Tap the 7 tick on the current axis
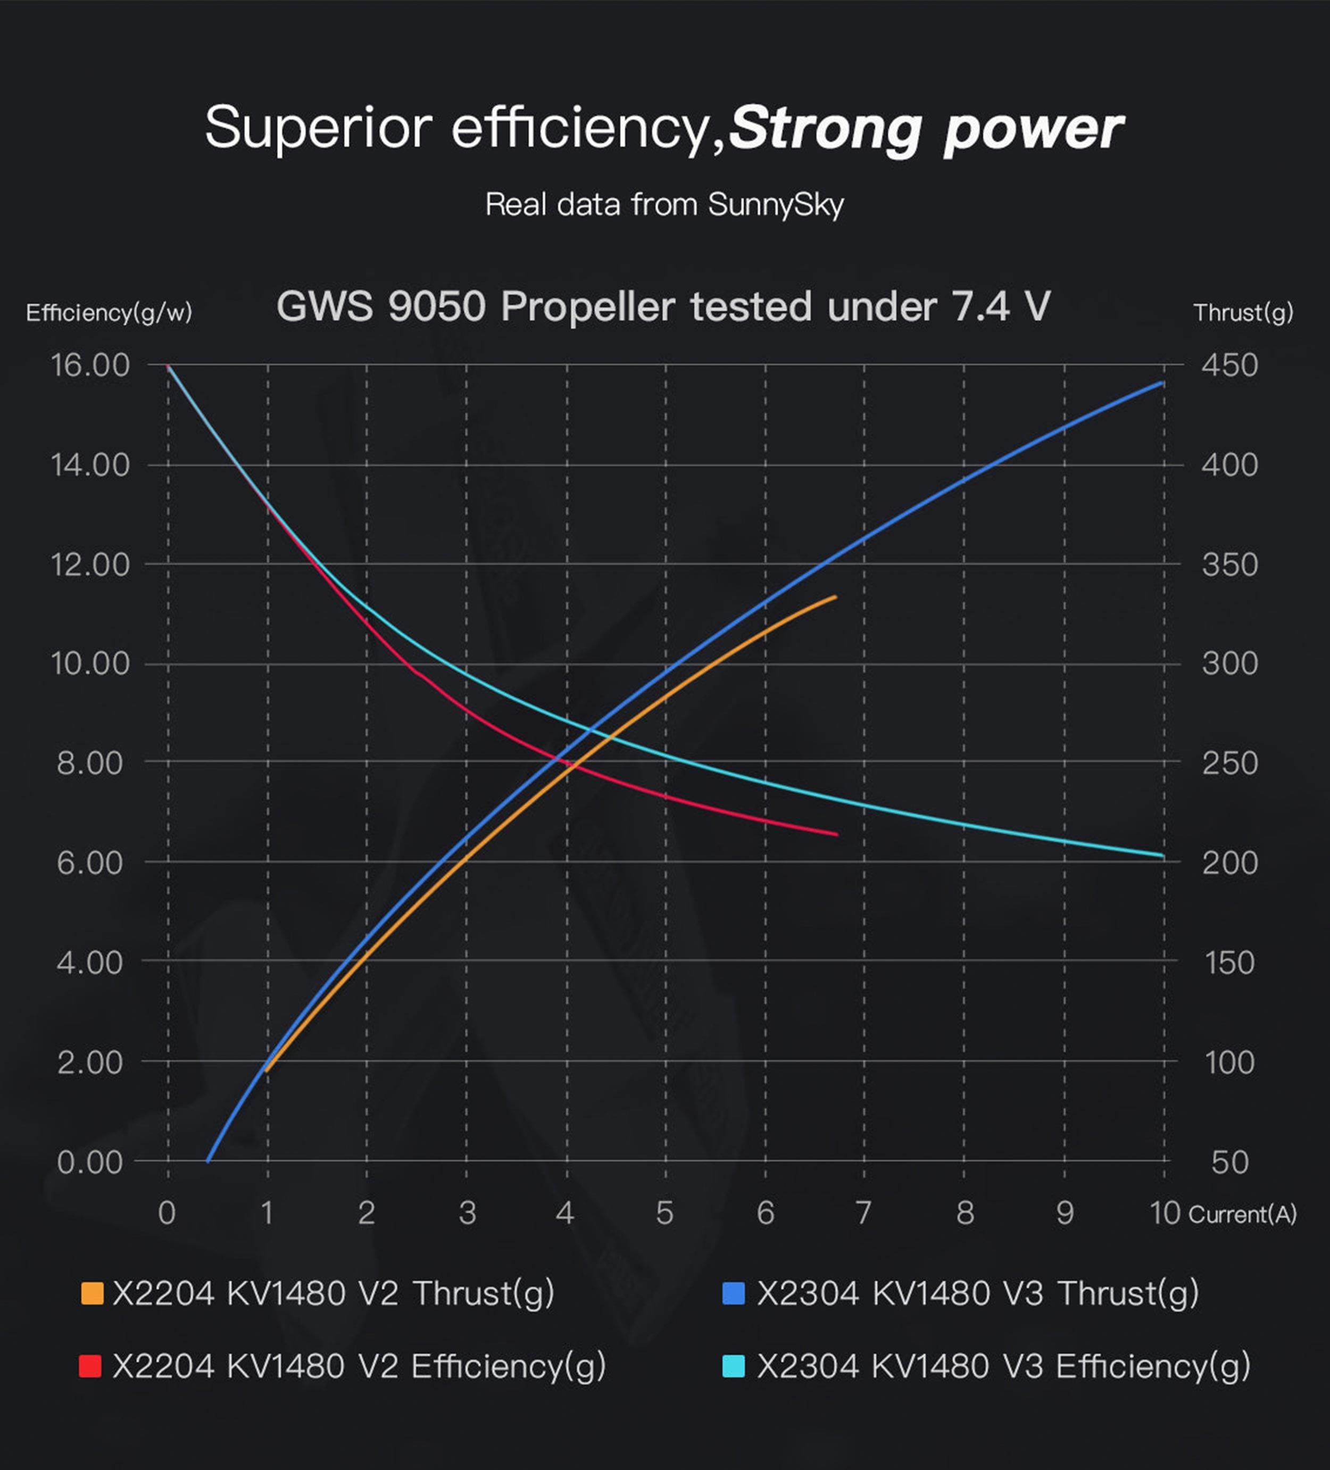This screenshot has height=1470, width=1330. [x=864, y=1212]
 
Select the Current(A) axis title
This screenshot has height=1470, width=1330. [x=1243, y=1214]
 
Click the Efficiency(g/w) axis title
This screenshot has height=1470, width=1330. [x=109, y=313]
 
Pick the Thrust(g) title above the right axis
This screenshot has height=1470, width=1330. [x=1243, y=313]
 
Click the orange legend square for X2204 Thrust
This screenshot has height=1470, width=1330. [x=92, y=1293]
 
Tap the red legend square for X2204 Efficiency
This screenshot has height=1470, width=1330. [x=90, y=1366]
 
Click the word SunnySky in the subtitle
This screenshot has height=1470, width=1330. [x=776, y=205]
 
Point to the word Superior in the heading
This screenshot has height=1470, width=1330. [x=319, y=128]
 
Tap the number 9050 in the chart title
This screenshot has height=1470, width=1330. [x=437, y=306]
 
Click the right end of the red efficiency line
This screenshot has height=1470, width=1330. [x=836, y=834]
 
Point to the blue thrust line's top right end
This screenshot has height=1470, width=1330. [x=1161, y=383]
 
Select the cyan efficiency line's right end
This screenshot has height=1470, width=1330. [x=1162, y=856]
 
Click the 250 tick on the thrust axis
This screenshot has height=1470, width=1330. [x=1229, y=763]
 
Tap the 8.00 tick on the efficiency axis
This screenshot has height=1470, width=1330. [x=90, y=763]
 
